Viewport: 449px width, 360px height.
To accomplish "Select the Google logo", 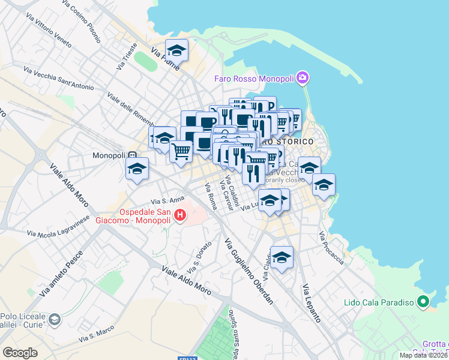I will (20, 352).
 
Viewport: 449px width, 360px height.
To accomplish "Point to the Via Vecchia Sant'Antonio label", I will (58, 79).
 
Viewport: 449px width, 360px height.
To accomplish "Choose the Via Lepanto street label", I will (312, 303).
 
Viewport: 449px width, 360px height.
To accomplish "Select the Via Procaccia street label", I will (332, 248).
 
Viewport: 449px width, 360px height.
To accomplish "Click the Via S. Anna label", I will (167, 200).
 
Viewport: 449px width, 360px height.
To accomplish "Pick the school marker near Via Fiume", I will (176, 50).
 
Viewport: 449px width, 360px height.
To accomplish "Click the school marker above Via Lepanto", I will (282, 257).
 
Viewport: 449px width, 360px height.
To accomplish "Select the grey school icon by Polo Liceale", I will (55, 319).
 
